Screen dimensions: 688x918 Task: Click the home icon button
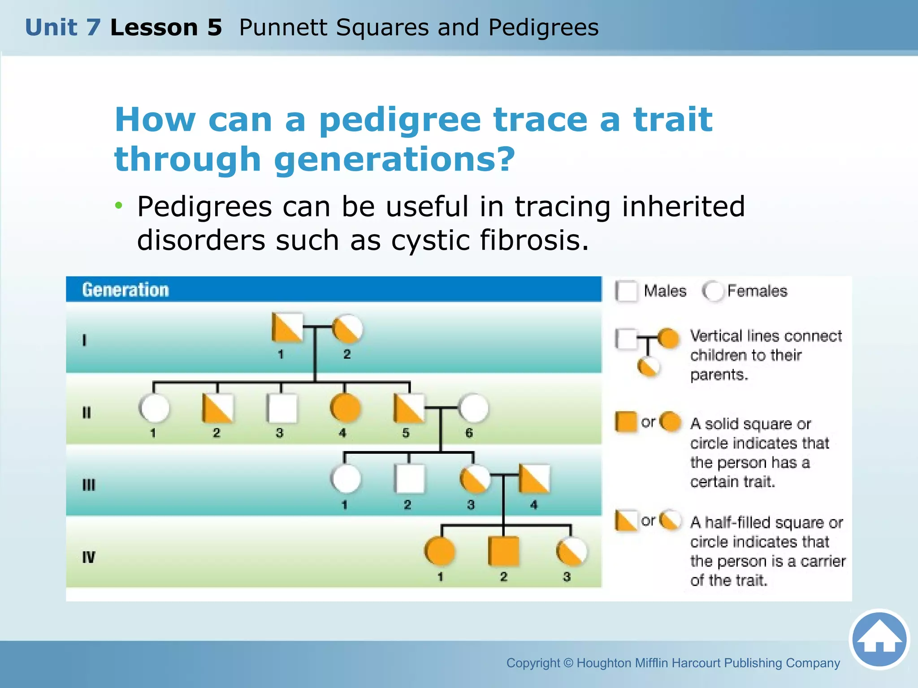[879, 640]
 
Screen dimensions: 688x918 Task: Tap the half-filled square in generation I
[287, 328]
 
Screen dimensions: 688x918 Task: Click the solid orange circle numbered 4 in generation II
[345, 408]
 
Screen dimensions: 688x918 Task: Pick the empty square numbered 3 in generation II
[281, 408]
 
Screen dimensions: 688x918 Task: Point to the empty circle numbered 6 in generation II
[473, 408]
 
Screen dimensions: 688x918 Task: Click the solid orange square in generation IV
[503, 551]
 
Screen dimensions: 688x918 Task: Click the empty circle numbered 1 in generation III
[346, 479]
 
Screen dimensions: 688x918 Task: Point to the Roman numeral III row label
[89, 485]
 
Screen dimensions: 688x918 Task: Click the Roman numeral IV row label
[89, 557]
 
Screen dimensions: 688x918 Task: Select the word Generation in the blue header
[126, 290]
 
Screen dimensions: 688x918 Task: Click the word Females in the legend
[757, 291]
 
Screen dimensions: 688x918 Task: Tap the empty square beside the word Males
[626, 291]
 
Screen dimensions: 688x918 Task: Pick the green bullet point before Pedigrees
[118, 206]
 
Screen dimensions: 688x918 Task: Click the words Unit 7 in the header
[63, 27]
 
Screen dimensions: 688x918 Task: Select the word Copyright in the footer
[533, 663]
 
